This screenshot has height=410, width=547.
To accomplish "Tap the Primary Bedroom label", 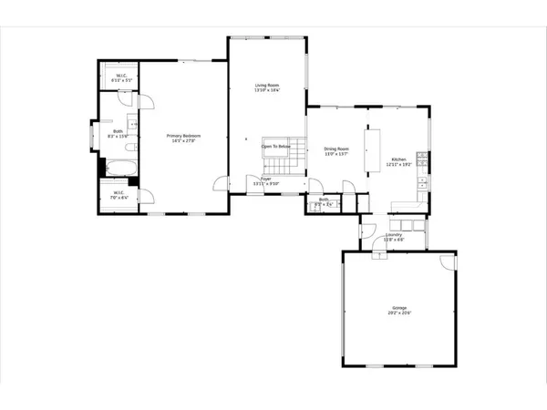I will [x=183, y=136].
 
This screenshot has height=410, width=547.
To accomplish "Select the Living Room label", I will [x=266, y=85].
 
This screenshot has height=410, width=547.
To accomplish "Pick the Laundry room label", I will [x=394, y=234].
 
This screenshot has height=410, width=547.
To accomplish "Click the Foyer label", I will [x=265, y=179].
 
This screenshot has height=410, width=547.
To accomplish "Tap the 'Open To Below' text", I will [x=275, y=146].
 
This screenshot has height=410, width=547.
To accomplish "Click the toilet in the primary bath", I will [x=131, y=147].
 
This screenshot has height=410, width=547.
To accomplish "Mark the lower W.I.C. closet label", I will [x=119, y=192].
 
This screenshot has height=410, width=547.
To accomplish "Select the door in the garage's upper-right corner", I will [x=447, y=261].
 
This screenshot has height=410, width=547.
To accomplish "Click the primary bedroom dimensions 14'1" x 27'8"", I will [x=183, y=141].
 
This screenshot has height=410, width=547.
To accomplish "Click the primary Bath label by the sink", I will [x=118, y=131].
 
